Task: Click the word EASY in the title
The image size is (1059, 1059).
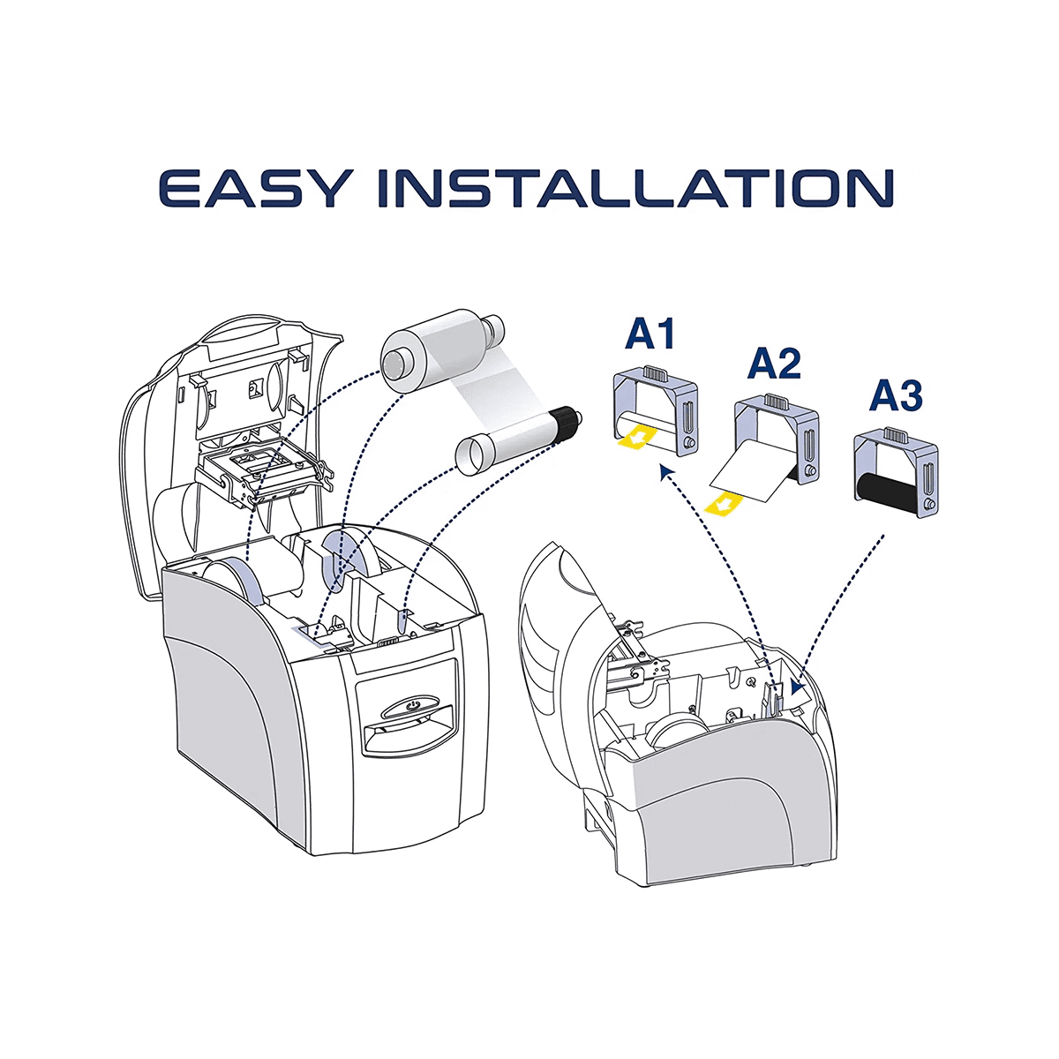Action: (x=254, y=189)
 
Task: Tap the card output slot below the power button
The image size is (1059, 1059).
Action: (x=407, y=734)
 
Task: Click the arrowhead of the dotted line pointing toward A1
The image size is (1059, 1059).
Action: (x=666, y=469)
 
